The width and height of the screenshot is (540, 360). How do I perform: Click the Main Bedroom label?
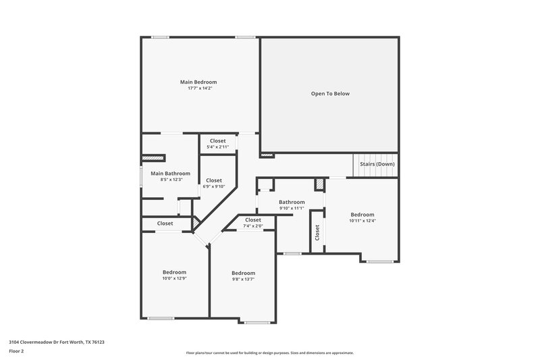tap(198, 82)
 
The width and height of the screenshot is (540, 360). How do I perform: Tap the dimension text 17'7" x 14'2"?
tap(198, 88)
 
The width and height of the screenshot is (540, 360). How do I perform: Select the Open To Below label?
tap(330, 93)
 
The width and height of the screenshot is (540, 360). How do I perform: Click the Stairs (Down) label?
tap(377, 163)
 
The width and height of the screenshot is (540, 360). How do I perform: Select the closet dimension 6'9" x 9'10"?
tap(214, 187)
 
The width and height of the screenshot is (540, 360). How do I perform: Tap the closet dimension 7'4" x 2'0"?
tap(252, 226)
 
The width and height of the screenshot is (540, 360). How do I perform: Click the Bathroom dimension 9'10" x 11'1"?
tap(292, 208)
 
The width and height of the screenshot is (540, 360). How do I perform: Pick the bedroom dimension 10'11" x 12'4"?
tap(362, 220)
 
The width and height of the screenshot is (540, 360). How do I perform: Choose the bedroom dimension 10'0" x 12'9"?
tap(174, 278)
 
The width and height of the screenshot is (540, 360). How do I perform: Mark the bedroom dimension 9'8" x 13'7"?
tap(243, 279)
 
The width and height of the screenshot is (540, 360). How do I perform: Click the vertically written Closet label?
tap(317, 232)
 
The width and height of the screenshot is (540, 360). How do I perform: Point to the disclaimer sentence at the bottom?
tap(270, 353)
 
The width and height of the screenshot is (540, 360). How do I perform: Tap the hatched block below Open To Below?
tap(267, 155)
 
